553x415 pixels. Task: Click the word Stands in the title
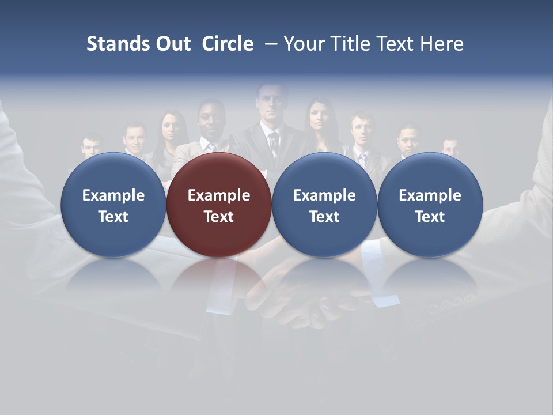click(118, 44)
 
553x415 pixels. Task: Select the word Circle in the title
click(228, 44)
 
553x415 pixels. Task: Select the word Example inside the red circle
click(219, 195)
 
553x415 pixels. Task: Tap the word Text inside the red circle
click(219, 217)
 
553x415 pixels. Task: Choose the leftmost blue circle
click(113, 205)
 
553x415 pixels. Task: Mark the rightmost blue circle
click(430, 205)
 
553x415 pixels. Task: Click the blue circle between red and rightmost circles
click(324, 205)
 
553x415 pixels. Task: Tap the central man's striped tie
click(274, 144)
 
